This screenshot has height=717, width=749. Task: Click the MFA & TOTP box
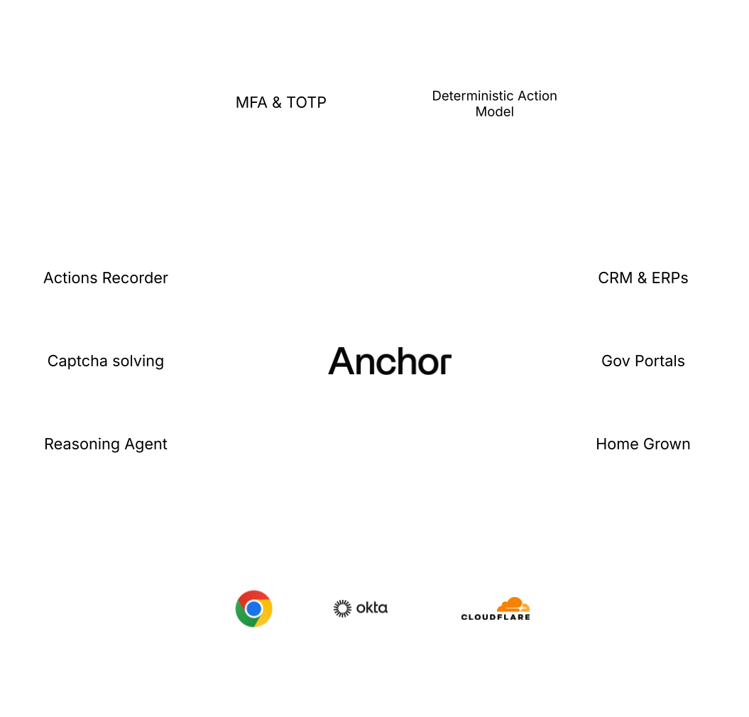point(280,102)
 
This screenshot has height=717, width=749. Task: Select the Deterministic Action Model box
point(495,102)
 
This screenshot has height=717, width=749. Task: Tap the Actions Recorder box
point(106,278)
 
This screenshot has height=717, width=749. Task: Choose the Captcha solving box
point(106,361)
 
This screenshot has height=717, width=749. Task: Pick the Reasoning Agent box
point(106,444)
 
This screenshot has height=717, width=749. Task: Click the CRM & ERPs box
point(643,278)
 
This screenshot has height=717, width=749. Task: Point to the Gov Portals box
point(643,361)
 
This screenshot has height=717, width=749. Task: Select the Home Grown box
point(643,444)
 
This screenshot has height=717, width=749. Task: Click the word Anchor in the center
point(389,361)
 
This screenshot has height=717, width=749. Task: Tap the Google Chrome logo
point(253,608)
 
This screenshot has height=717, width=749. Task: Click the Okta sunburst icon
point(342,608)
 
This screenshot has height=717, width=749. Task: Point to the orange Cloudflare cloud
point(513,606)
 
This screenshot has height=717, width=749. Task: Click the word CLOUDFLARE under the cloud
point(496,617)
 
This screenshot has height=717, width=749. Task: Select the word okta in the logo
point(372,608)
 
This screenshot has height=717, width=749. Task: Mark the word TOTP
point(307,102)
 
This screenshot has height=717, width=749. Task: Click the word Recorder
point(136,278)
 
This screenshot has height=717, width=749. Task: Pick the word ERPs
point(669,278)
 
